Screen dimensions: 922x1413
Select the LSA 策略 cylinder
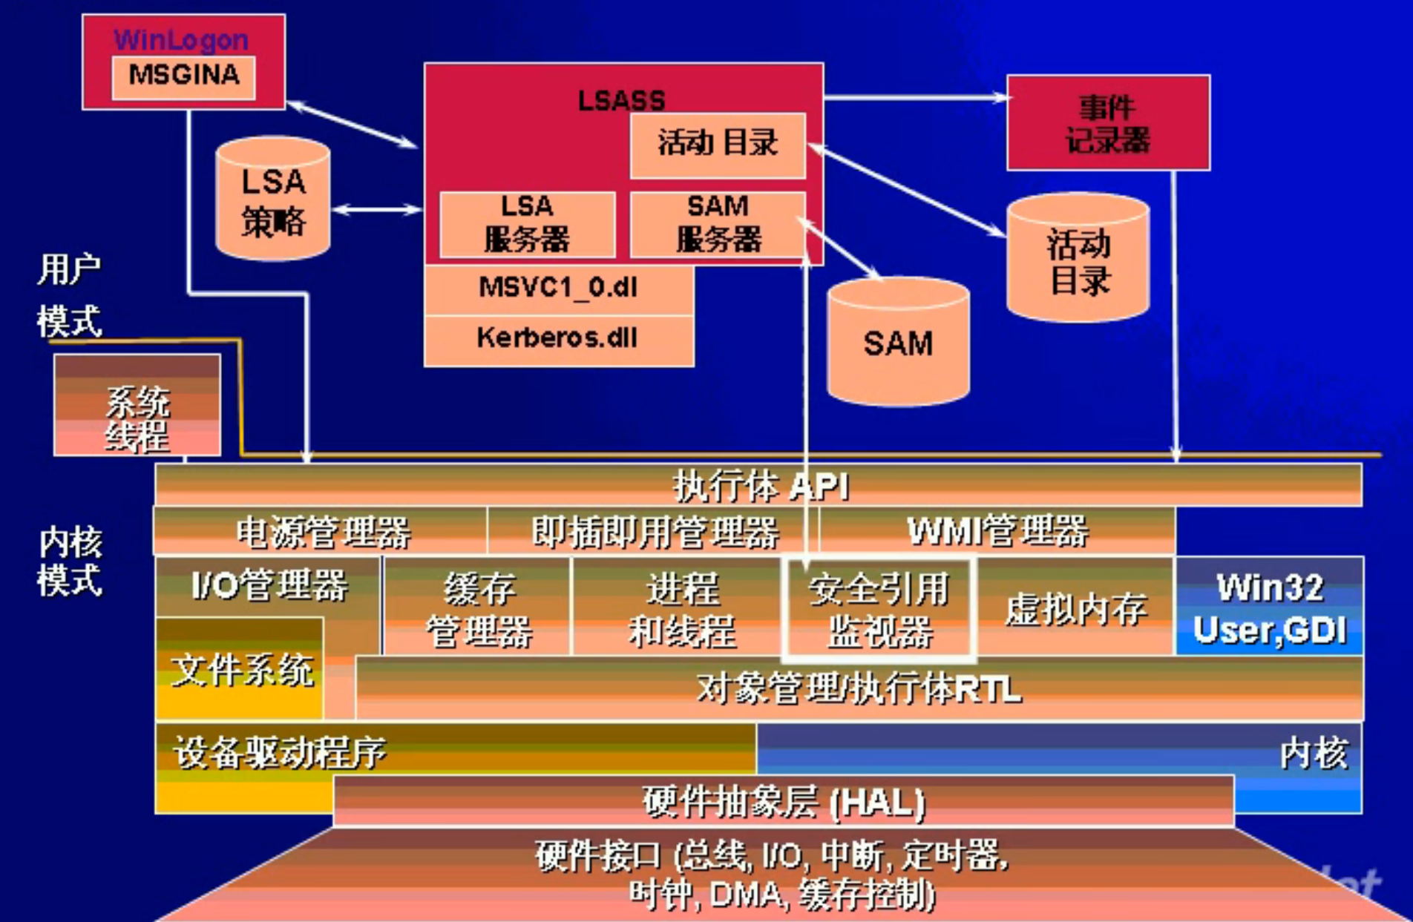272,200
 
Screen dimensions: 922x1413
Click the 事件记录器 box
1107,123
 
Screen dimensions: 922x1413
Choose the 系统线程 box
137,406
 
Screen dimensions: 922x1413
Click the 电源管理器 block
321,531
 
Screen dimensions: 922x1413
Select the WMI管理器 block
997,531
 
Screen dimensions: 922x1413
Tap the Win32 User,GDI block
1269,607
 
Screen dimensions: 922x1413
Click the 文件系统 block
240,670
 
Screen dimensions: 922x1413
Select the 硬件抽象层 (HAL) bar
783,801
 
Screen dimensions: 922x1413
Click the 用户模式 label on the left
68,295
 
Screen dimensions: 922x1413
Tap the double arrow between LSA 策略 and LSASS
377,210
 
